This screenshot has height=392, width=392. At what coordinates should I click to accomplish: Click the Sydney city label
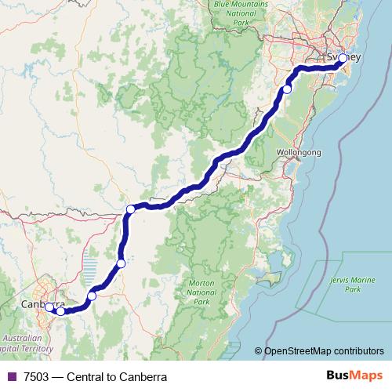[343, 57]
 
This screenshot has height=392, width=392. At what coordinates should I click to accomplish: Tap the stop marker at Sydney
[343, 58]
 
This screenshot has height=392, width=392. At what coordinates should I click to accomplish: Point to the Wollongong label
[299, 153]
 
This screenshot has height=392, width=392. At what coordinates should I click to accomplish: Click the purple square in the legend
[11, 377]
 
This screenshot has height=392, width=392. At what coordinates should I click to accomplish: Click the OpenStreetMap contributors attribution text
[325, 351]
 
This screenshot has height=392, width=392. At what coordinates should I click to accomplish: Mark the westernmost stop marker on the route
[49, 307]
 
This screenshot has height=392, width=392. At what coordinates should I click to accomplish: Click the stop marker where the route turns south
[131, 209]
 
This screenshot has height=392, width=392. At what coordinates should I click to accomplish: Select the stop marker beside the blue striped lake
[121, 263]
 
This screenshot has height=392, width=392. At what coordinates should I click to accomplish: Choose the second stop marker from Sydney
[287, 89]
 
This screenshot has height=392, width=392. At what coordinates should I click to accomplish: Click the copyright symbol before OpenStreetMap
[259, 351]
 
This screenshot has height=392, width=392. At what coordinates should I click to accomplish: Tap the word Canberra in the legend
[143, 377]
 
